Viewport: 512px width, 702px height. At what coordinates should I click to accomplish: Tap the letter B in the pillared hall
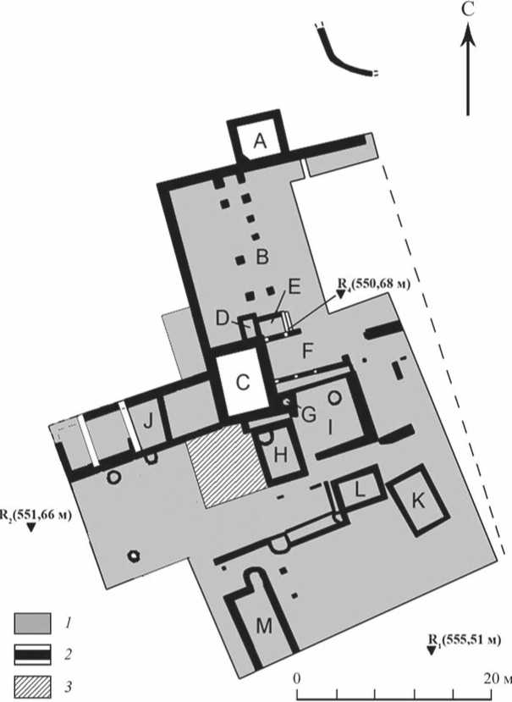pos(262,255)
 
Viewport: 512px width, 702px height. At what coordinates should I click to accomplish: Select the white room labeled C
pos(243,382)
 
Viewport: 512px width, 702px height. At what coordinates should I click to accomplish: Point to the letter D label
pos(222,318)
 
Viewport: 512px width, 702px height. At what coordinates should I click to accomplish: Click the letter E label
pos(294,286)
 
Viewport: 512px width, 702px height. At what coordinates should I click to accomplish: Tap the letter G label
pos(309,415)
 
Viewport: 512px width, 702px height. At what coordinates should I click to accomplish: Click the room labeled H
pos(282,455)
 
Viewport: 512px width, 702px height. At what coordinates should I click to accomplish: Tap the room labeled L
pos(359,489)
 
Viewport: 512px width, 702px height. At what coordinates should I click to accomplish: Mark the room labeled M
pos(264,626)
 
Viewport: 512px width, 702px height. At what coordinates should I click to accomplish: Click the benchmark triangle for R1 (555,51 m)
pos(432,650)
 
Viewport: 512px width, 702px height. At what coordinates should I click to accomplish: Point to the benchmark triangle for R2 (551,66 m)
pos(30,528)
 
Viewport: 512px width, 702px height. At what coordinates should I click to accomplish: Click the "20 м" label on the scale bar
pos(495,679)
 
